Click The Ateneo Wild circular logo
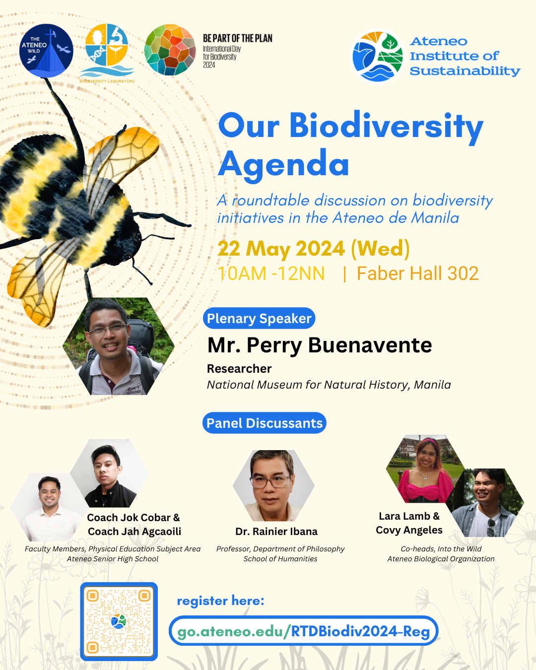[x=46, y=51]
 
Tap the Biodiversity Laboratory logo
[x=107, y=51]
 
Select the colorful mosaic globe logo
[x=170, y=50]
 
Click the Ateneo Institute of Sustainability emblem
[x=378, y=56]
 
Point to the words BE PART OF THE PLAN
[x=237, y=38]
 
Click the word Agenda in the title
[x=283, y=164]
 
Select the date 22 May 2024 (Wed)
[x=313, y=249]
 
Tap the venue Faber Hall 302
[x=417, y=273]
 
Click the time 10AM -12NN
[x=271, y=273]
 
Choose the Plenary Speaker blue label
[x=259, y=319]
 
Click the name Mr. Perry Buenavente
[x=320, y=345]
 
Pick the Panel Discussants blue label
[x=265, y=423]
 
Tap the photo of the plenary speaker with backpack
[x=118, y=347]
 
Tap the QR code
[x=119, y=621]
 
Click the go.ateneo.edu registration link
[x=303, y=631]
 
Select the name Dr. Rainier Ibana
[x=276, y=532]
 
